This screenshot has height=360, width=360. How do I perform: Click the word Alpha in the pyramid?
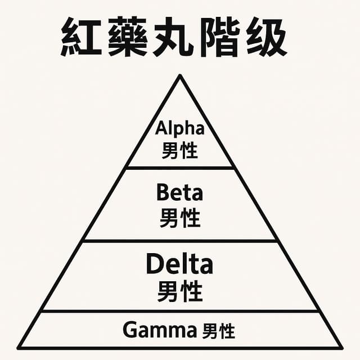(180, 128)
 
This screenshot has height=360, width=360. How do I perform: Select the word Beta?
(180, 193)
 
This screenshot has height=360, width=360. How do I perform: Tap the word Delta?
(180, 264)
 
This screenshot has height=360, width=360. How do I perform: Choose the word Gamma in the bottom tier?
(159, 330)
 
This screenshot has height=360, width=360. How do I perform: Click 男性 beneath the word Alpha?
(180, 150)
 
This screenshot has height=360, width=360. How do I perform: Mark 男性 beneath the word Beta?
(180, 218)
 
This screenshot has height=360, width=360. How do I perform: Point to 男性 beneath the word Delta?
(180, 292)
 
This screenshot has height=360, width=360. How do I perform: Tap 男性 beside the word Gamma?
(219, 331)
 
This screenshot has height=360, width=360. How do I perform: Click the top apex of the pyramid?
(180, 76)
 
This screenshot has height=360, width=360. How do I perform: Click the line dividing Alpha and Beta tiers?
(180, 168)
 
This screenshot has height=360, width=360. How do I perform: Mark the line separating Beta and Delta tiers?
(180, 241)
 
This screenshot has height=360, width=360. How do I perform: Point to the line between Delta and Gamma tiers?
(180, 311)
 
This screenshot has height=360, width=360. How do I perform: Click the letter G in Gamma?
(129, 330)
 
